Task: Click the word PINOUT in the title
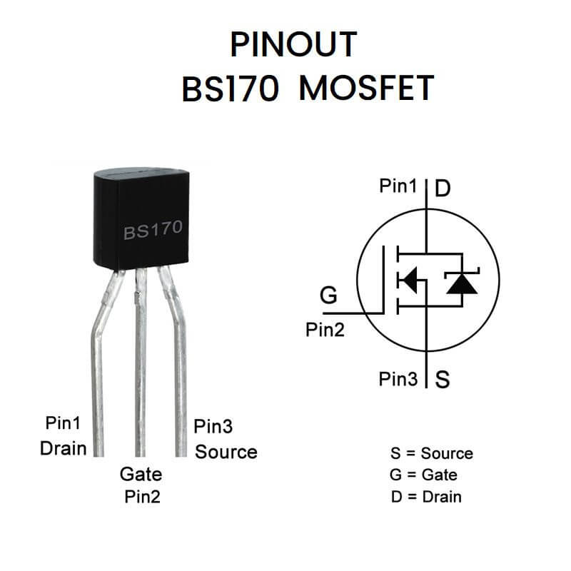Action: [x=293, y=45]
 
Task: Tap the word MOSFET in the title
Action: [x=367, y=89]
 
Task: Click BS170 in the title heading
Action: [x=230, y=89]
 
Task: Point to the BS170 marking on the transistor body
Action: [x=153, y=230]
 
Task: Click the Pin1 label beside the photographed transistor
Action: [x=63, y=423]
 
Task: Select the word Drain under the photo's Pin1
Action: [x=63, y=448]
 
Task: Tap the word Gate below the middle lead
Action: [x=141, y=474]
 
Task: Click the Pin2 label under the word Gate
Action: [x=141, y=497]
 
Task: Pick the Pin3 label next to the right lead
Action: [x=213, y=427]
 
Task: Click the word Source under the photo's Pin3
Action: [x=226, y=452]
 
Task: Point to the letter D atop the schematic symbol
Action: [x=443, y=188]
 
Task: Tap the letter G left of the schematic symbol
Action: [x=328, y=295]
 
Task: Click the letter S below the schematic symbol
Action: [x=443, y=379]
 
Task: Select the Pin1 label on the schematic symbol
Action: [x=398, y=187]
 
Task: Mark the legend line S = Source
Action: [x=431, y=453]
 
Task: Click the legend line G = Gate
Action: [x=424, y=475]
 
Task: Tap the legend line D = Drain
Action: [x=426, y=497]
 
